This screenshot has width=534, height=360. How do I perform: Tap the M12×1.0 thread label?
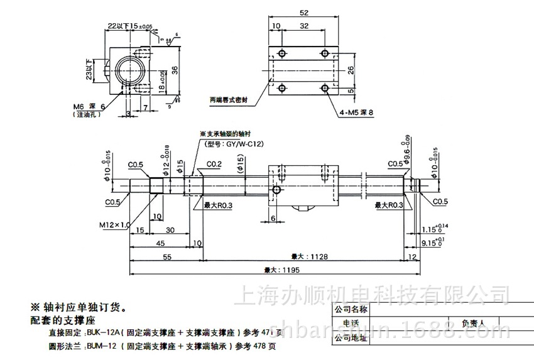(x=114, y=224)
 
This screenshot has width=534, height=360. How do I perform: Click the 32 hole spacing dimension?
(x=304, y=26)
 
